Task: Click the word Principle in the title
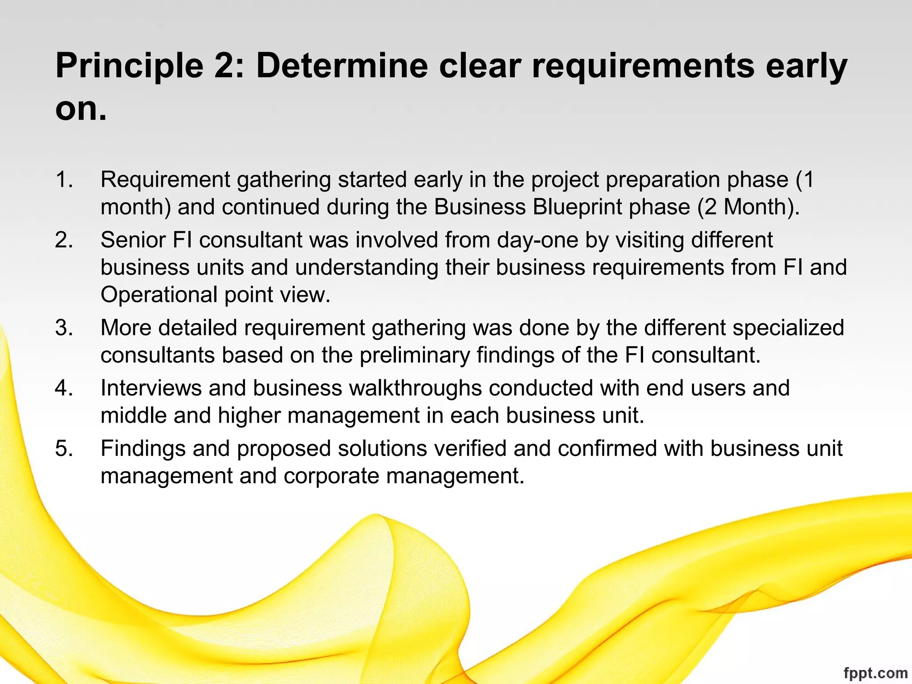coord(129,66)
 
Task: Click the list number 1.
coord(64,179)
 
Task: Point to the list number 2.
coord(64,240)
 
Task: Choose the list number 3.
coord(64,328)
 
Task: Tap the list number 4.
coord(64,388)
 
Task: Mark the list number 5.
coord(64,448)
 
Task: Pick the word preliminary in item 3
coord(415,355)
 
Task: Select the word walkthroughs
coord(415,388)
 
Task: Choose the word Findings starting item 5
coord(143,448)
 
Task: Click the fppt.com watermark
coord(875,672)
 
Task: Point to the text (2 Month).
coord(748,207)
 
